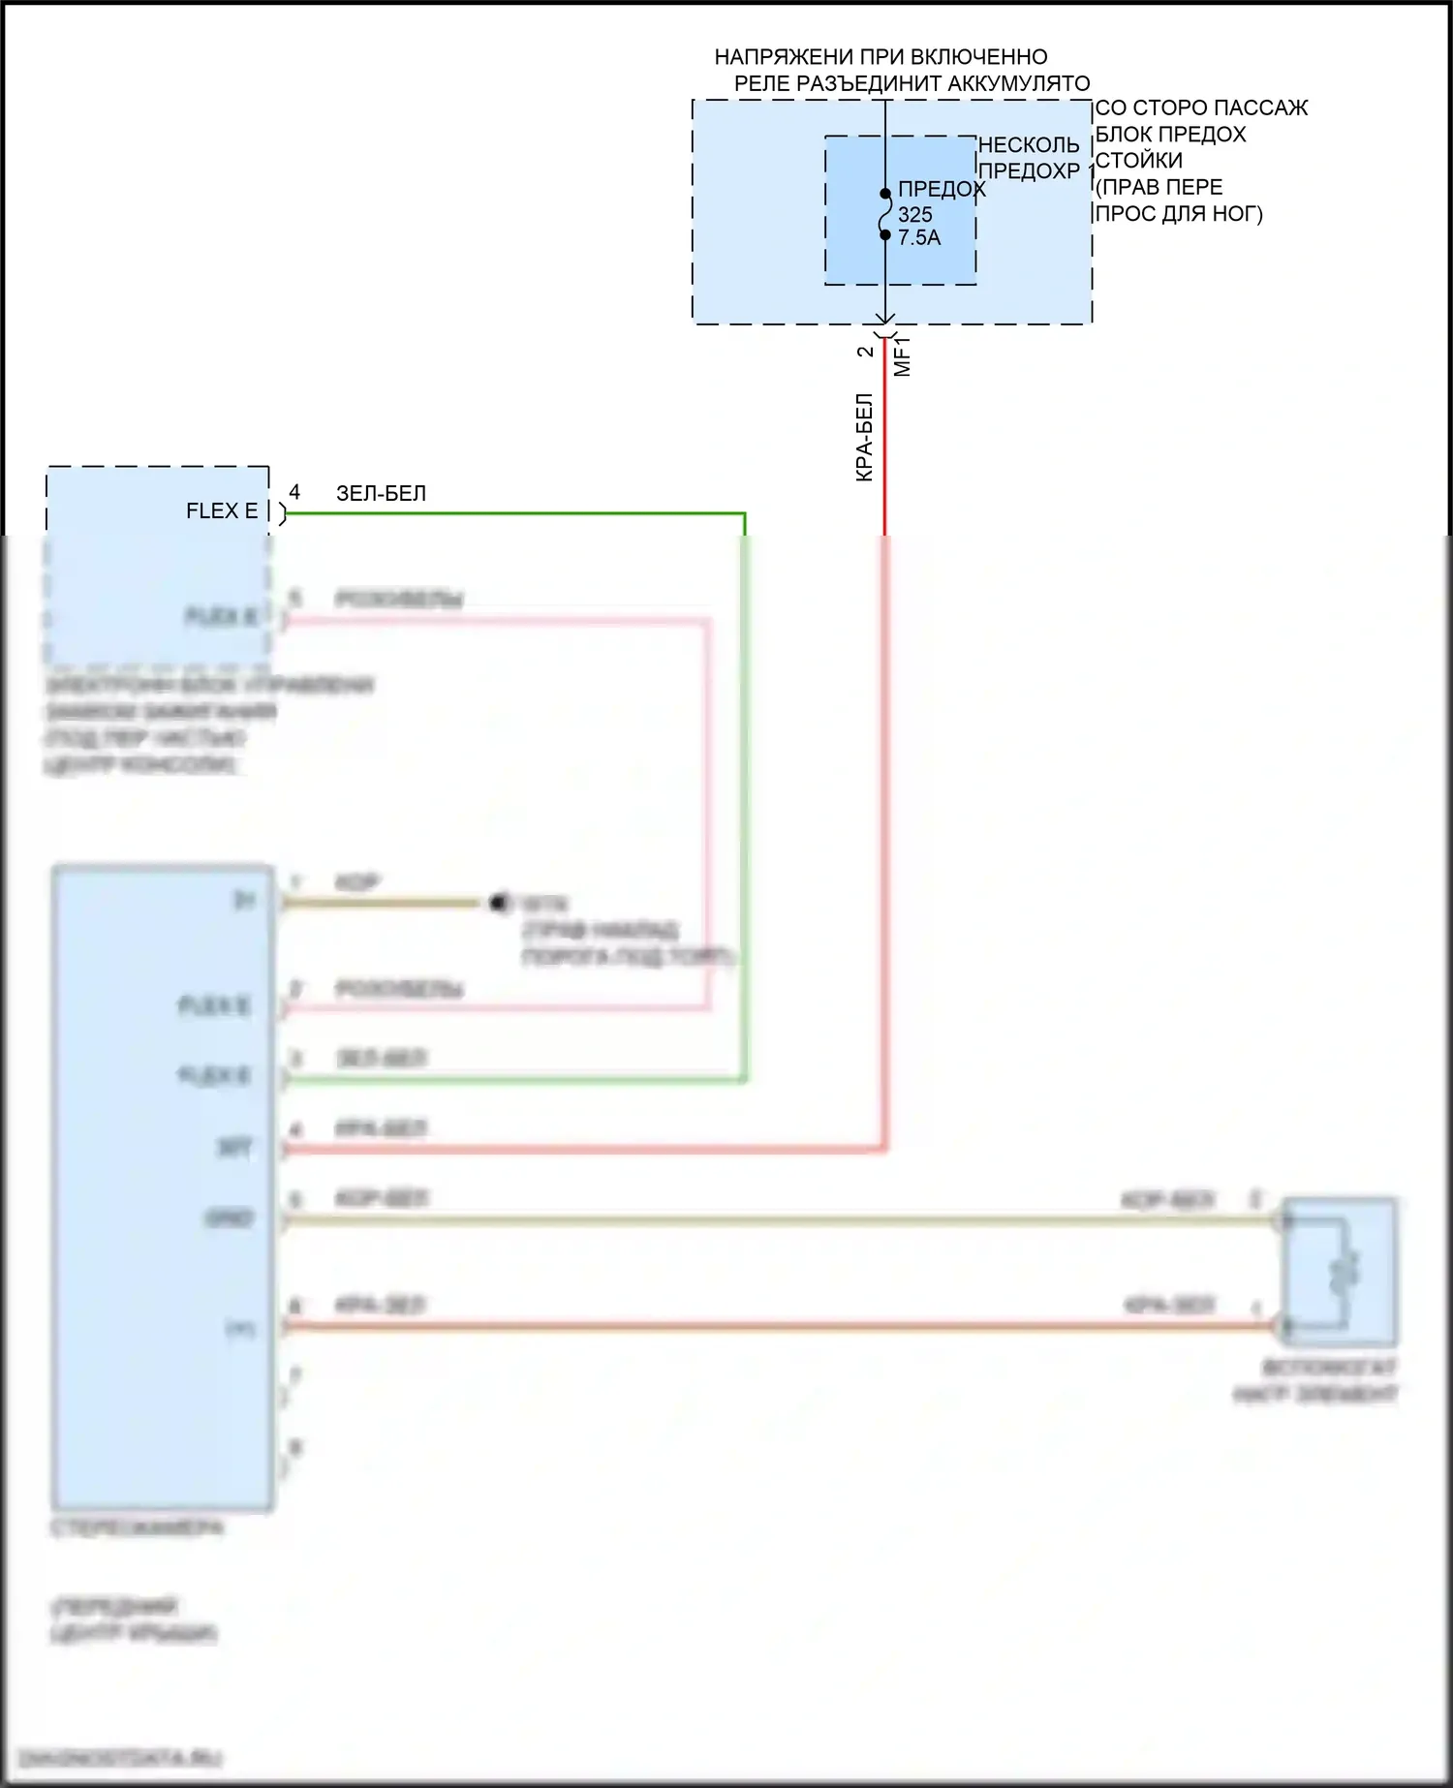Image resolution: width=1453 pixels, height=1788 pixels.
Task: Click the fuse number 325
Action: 914,214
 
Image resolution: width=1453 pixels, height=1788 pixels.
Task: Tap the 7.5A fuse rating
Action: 919,237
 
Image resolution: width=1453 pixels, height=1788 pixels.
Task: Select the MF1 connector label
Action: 902,355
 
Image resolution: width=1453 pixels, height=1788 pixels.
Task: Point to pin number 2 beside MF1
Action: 865,352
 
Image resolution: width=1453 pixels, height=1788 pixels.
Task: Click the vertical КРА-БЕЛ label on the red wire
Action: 865,437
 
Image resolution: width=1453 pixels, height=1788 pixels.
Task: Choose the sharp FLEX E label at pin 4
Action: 222,511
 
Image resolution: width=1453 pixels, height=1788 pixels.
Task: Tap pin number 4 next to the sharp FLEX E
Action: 294,492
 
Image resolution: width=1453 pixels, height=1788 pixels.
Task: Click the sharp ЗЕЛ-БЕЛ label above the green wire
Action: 381,493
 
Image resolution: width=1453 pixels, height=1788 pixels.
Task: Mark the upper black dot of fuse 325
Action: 885,194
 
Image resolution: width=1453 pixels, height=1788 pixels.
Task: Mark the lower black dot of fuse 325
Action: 885,234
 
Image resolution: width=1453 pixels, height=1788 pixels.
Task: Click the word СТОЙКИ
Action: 1138,160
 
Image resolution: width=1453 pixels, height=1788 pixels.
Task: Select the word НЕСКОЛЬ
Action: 1029,145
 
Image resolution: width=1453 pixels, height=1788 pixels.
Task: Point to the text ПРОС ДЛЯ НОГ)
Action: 1179,213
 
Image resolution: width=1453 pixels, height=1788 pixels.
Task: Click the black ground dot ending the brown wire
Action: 499,903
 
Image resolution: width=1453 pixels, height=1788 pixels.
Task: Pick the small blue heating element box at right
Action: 1340,1272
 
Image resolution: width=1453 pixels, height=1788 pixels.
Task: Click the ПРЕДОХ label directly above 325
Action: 942,189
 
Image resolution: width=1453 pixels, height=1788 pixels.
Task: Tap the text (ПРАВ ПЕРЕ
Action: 1159,187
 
